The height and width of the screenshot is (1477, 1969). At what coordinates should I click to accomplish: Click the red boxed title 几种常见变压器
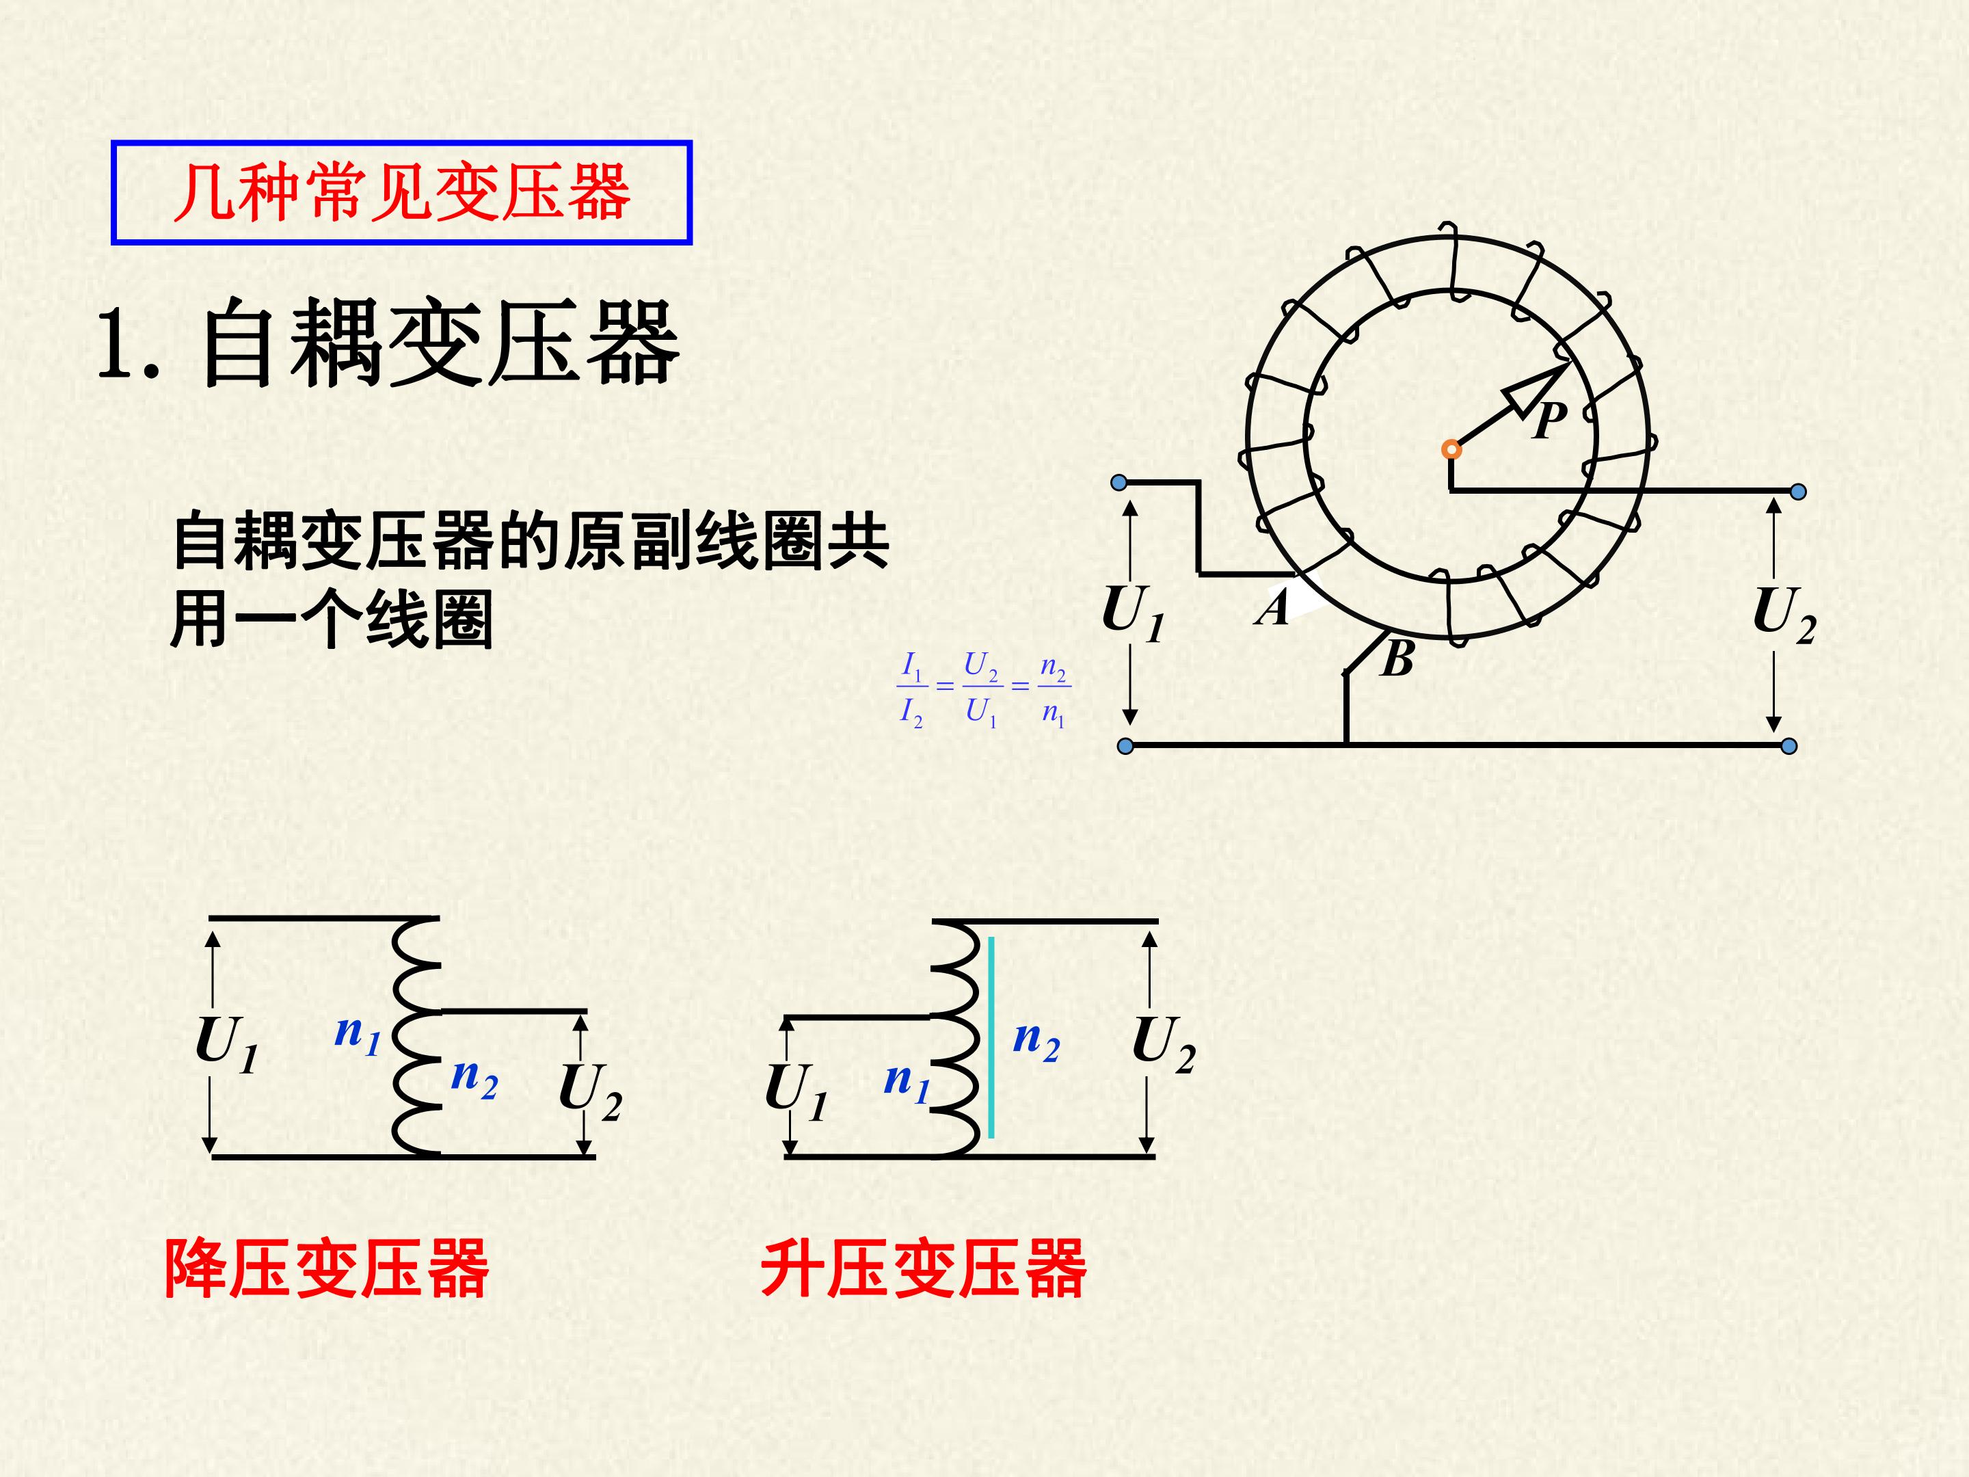[x=401, y=192]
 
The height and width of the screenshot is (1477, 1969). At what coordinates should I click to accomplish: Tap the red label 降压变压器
[x=327, y=1268]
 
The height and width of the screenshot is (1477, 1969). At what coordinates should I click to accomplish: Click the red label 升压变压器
[x=923, y=1268]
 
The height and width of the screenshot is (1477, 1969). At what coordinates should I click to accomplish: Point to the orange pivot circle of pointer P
[x=1451, y=449]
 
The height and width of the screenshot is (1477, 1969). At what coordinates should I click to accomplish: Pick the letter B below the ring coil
[x=1397, y=660]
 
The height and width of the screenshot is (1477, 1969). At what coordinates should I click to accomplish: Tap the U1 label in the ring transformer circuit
[x=1133, y=613]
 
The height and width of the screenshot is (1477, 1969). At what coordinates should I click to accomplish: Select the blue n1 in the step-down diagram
[x=358, y=1035]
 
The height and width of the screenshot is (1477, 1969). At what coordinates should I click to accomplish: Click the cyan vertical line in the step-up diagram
[x=991, y=1037]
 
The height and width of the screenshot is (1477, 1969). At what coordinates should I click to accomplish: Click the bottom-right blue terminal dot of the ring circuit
[x=1789, y=746]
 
